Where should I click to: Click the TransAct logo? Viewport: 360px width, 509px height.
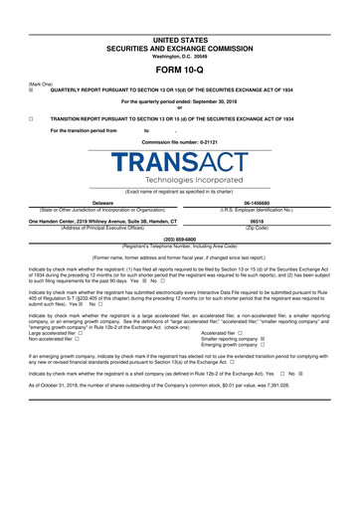(x=180, y=162)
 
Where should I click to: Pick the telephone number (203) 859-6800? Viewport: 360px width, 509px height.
(x=180, y=240)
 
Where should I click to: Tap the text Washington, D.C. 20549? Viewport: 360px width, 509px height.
(x=180, y=55)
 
